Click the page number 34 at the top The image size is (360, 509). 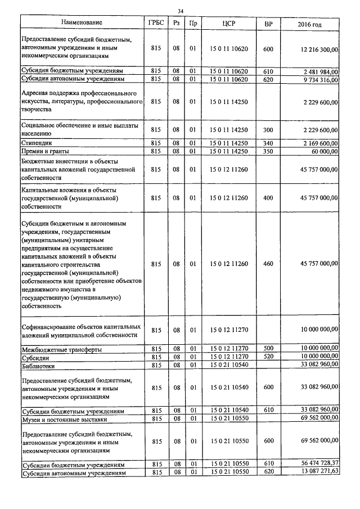(x=180, y=11)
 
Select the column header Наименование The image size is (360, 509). (x=82, y=23)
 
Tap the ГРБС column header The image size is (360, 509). (x=156, y=23)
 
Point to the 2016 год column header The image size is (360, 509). (x=309, y=23)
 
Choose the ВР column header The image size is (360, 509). (x=268, y=23)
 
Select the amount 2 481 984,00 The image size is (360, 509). (x=320, y=72)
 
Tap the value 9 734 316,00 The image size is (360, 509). (x=320, y=80)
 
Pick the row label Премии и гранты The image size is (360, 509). (x=45, y=152)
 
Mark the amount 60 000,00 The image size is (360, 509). (x=324, y=152)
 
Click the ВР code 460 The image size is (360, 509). (x=268, y=263)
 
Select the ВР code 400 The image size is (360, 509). (x=268, y=198)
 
